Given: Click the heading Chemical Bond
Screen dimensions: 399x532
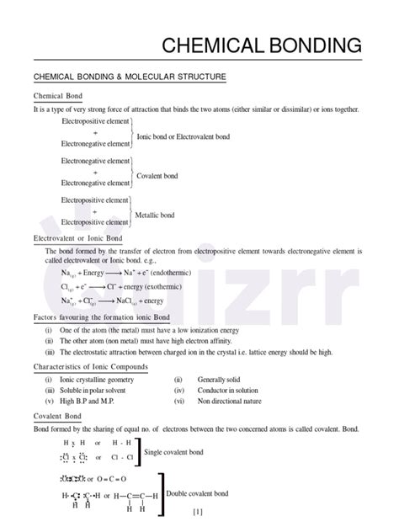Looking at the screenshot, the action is pos(58,98).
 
